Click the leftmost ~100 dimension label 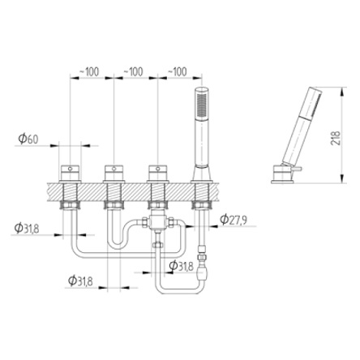click(89, 72)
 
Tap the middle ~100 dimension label click(133, 72)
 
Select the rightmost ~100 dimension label click(178, 72)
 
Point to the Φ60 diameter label click(28, 139)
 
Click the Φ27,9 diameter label click(234, 220)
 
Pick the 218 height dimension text click(336, 138)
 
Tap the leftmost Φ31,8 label click(27, 229)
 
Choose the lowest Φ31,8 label click(80, 281)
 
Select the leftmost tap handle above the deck click(70, 173)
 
